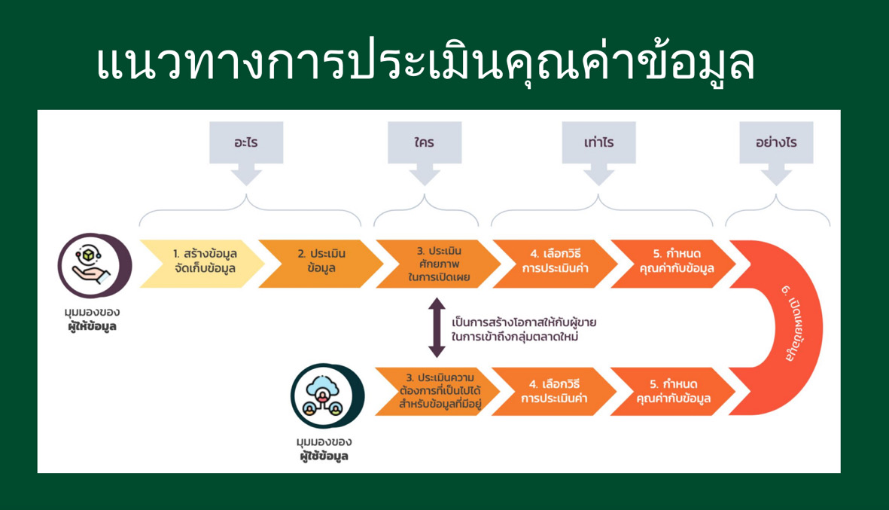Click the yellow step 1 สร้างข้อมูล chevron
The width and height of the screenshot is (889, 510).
pyautogui.click(x=202, y=264)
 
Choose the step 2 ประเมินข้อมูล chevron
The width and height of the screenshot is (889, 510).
pyautogui.click(x=321, y=264)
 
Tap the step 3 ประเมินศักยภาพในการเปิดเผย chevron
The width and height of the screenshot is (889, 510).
pyautogui.click(x=438, y=264)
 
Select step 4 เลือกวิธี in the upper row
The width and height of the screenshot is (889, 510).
pyautogui.click(x=555, y=264)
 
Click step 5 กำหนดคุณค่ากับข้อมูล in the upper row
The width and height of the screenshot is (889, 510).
pyautogui.click(x=673, y=264)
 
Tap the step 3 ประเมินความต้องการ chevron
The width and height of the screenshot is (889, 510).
pyautogui.click(x=437, y=392)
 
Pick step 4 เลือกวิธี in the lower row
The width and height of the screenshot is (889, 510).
pyautogui.click(x=554, y=392)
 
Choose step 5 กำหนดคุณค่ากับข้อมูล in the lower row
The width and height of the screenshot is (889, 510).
pyautogui.click(x=672, y=392)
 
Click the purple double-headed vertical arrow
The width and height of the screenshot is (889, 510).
pyautogui.click(x=437, y=328)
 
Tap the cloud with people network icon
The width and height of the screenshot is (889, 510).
pyautogui.click(x=324, y=395)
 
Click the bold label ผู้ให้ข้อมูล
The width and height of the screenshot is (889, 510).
pyautogui.click(x=92, y=327)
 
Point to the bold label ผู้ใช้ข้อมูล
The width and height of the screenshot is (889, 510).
pyautogui.click(x=324, y=456)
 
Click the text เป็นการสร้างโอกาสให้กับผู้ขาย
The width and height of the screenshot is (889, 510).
pyautogui.click(x=524, y=322)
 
